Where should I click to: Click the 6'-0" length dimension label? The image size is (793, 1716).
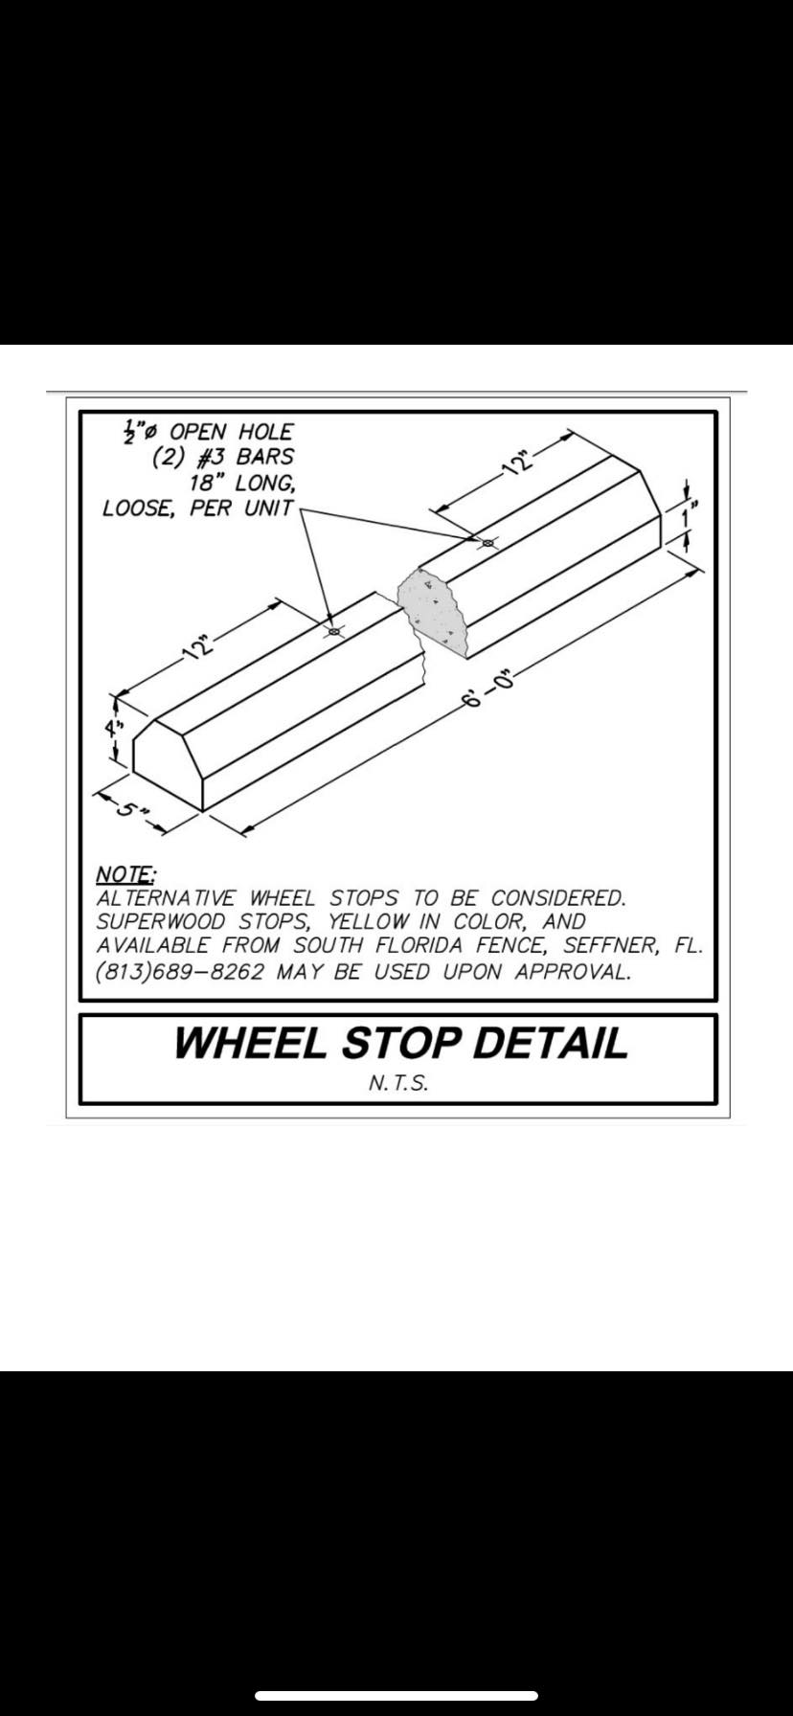point(488,689)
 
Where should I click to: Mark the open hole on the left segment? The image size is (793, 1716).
point(334,631)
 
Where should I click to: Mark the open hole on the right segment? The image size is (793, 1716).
point(487,543)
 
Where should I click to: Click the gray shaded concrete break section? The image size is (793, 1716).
point(432,612)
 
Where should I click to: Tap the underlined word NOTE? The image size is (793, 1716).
point(125,874)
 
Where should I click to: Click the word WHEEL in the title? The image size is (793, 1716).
point(250,1043)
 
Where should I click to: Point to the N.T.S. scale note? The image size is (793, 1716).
point(397,1084)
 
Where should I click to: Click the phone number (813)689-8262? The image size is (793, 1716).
point(180,972)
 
